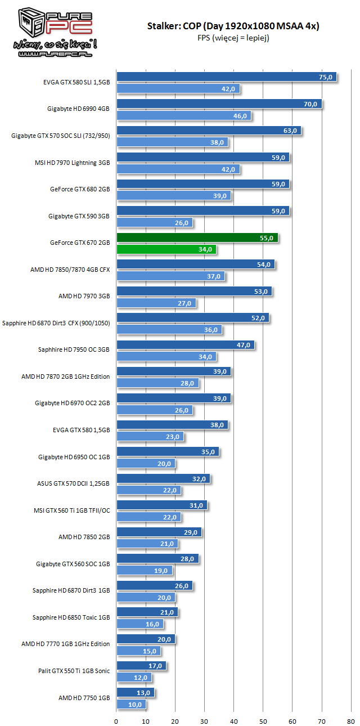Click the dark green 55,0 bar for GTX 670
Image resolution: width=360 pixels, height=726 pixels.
(x=197, y=238)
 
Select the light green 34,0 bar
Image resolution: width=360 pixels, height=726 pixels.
(x=166, y=249)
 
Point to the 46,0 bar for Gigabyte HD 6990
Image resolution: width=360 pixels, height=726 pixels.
(x=183, y=116)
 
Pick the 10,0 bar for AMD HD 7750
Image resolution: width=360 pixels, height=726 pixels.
(x=131, y=704)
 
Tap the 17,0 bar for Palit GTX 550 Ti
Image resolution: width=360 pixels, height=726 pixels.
(x=141, y=666)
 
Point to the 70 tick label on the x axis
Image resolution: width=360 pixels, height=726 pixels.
(x=322, y=720)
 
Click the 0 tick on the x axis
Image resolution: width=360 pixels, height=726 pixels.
(x=116, y=720)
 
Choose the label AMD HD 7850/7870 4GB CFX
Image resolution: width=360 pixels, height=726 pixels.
(x=70, y=270)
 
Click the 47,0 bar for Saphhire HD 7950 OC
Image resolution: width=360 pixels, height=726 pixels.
(x=185, y=345)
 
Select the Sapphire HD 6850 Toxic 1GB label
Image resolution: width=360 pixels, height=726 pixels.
(x=71, y=617)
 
